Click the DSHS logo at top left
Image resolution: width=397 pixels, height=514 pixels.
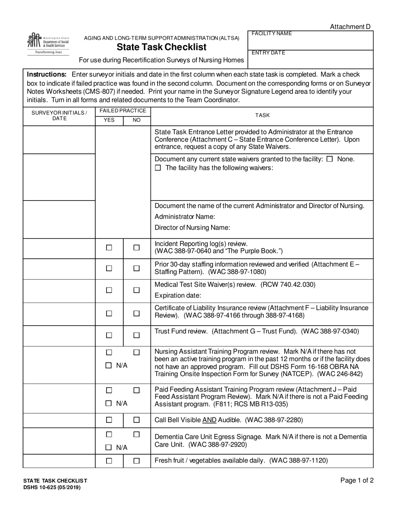coord(48,44)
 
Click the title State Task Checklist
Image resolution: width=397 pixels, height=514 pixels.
coord(161,47)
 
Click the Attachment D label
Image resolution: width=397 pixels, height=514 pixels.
coord(350,27)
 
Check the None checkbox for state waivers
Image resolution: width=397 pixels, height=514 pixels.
coord(329,159)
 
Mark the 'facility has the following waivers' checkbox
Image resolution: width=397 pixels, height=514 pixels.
coord(158,168)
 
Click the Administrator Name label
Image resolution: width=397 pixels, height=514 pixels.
coord(185,216)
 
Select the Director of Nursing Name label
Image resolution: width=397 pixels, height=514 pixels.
coord(192,228)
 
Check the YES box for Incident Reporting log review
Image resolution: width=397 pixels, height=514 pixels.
coord(109,247)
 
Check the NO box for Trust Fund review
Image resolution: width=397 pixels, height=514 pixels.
coord(136,335)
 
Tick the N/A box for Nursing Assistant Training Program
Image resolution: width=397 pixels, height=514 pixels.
coord(109,365)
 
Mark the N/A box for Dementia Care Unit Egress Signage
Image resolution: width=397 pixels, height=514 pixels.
coord(109,448)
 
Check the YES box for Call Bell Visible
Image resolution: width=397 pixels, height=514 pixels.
coord(109,420)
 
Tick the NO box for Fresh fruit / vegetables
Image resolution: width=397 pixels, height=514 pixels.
coord(136,461)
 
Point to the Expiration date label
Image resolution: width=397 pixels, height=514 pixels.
coord(178,295)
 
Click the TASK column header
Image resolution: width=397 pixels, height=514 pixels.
coord(262,115)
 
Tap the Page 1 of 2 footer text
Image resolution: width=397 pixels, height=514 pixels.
coord(357,481)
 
